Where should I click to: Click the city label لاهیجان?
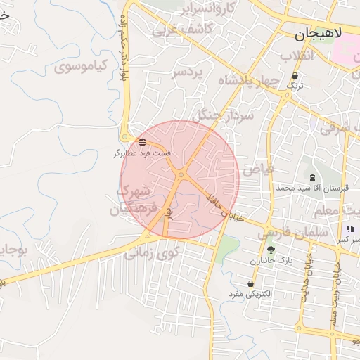tap(319, 32)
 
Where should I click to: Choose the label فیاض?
tap(256, 169)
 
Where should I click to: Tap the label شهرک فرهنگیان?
tap(130, 200)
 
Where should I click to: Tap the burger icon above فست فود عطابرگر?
tap(143, 142)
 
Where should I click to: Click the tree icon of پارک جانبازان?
tap(271, 250)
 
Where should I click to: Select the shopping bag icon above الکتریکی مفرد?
tap(250, 283)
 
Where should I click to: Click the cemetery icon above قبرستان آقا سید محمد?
tap(312, 177)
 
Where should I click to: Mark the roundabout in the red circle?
tap(181, 174)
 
